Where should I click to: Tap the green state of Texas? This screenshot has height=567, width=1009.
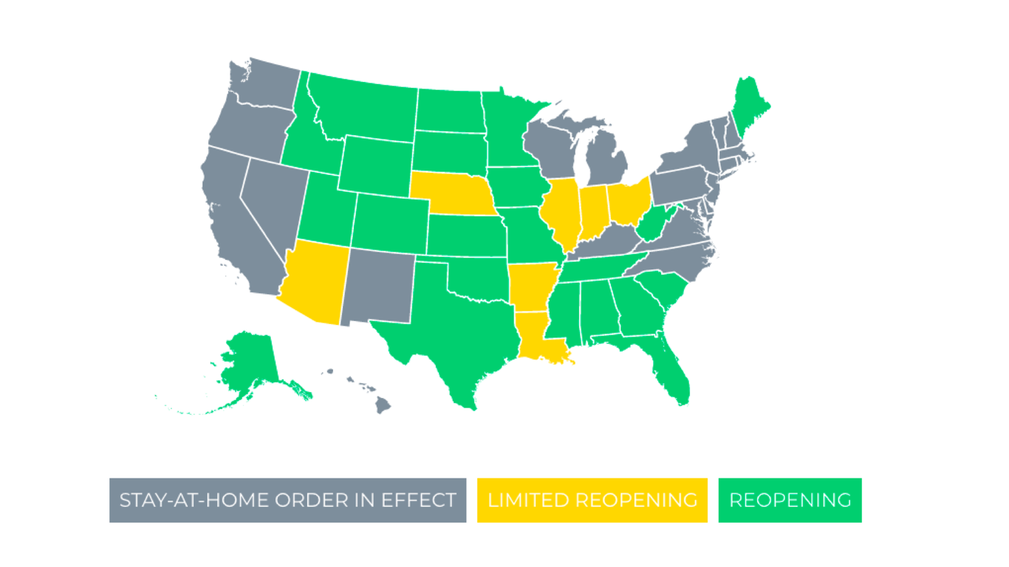click(x=451, y=332)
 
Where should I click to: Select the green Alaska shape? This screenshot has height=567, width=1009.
click(x=251, y=362)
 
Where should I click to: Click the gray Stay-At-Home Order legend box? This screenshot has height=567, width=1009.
click(x=287, y=500)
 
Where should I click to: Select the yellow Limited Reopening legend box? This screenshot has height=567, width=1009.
click(x=592, y=500)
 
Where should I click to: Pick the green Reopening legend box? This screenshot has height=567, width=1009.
click(x=790, y=500)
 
